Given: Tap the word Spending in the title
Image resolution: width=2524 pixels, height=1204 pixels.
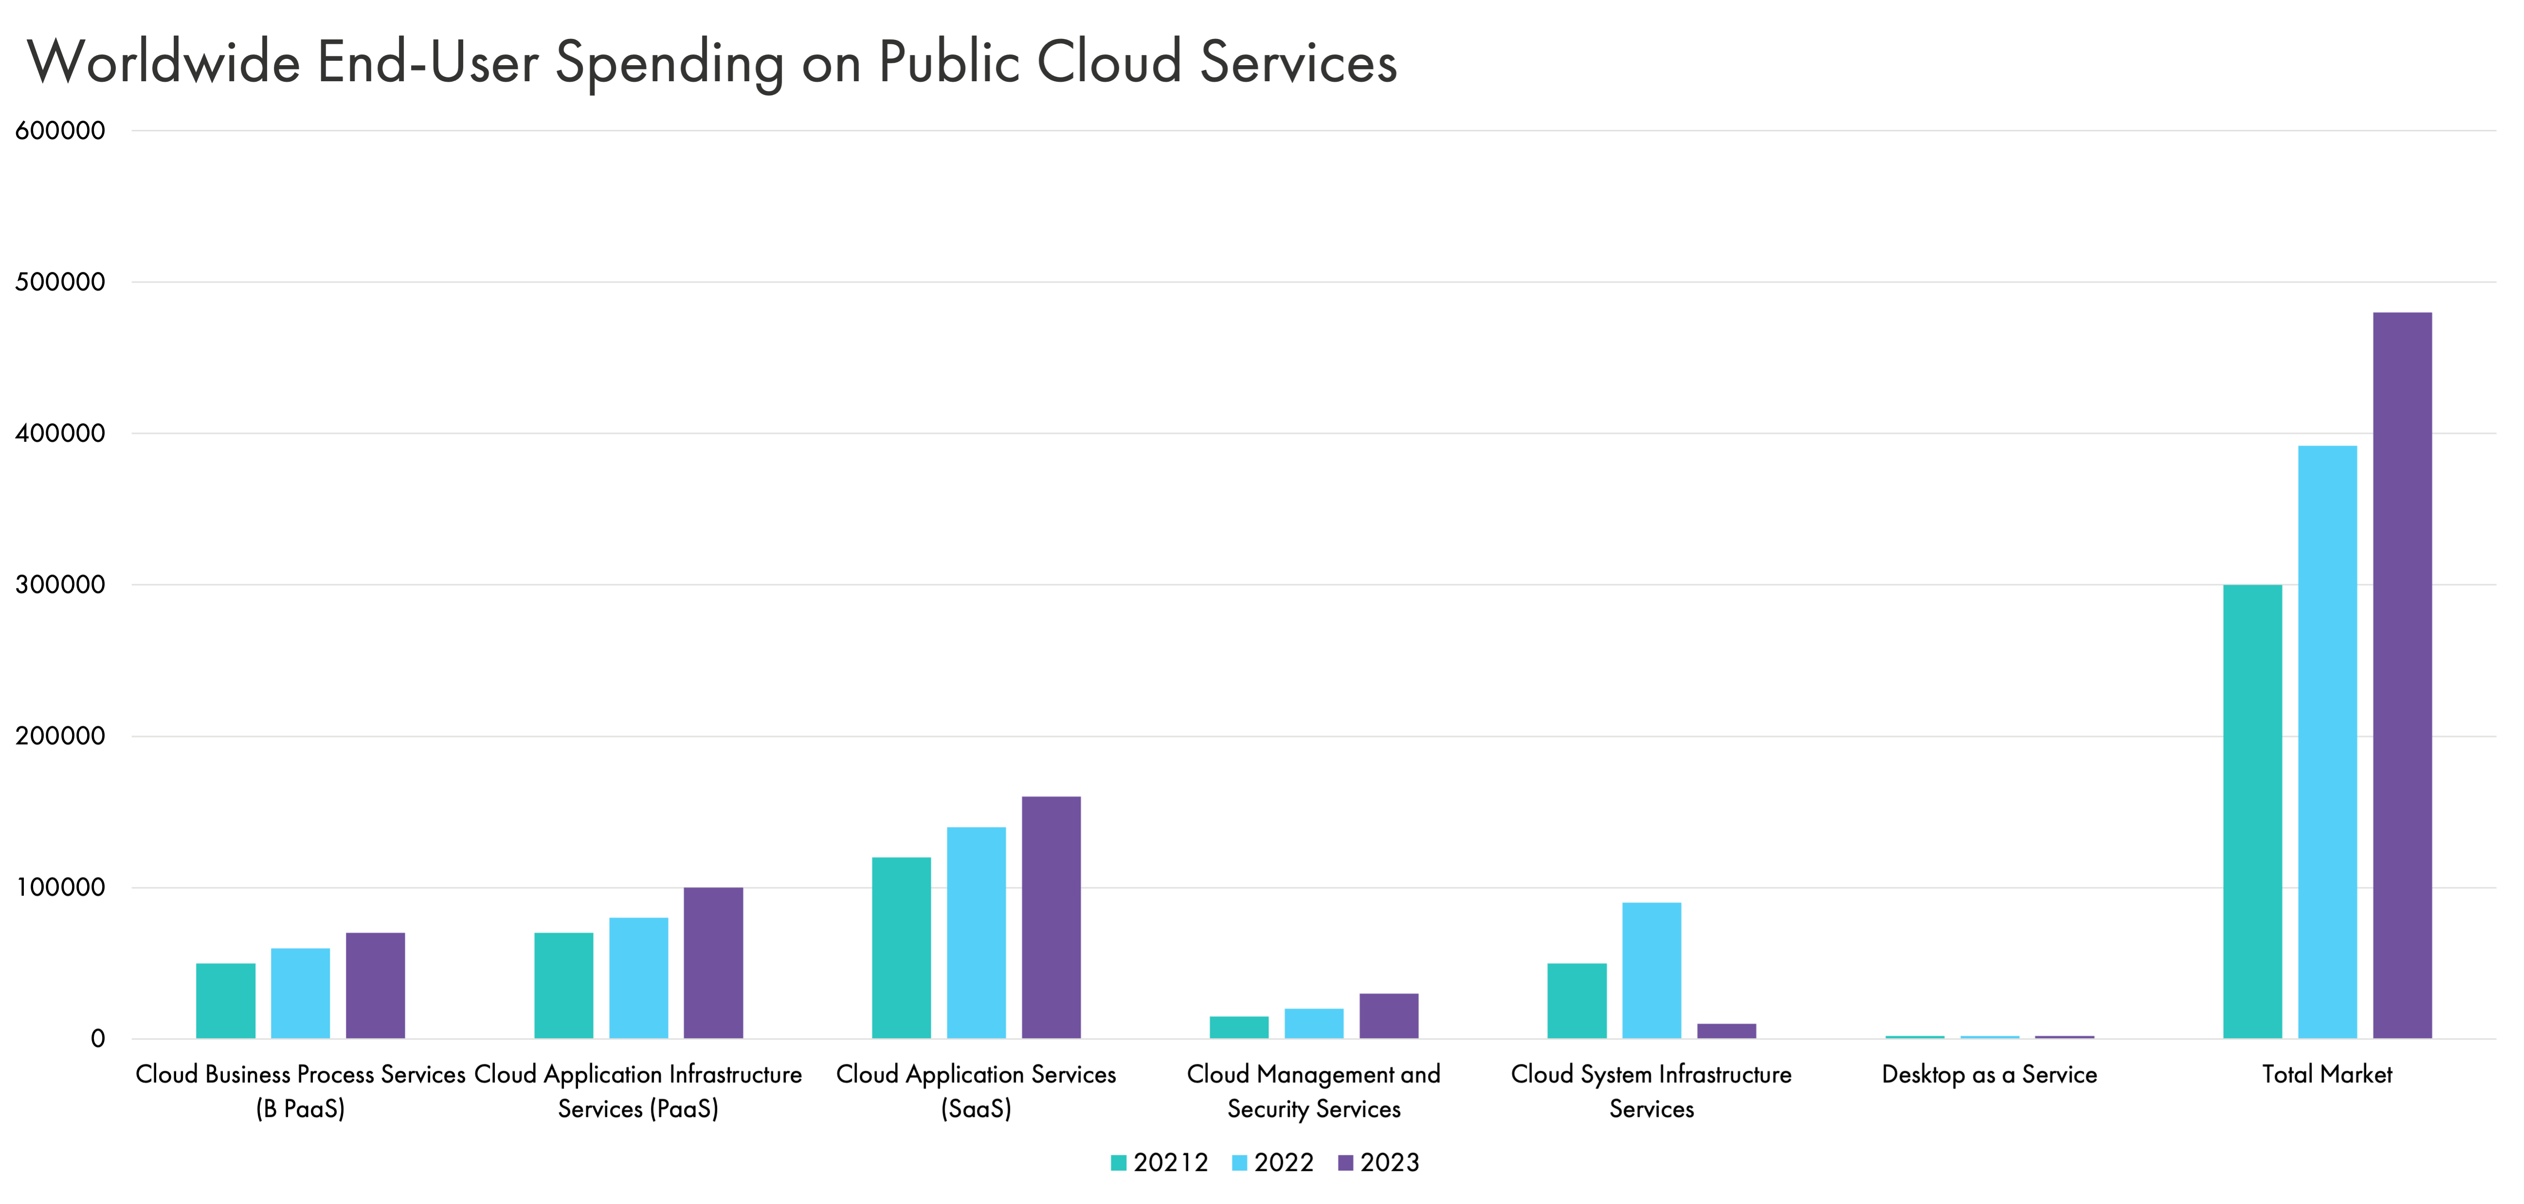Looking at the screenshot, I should pos(669,64).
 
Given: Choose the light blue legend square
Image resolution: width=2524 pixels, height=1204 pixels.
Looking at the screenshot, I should pos(1240,1163).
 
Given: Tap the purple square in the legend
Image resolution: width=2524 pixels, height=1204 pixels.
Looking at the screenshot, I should pos(1346,1163).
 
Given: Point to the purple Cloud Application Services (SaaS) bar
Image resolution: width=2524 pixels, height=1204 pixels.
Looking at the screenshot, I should pos(1051,917).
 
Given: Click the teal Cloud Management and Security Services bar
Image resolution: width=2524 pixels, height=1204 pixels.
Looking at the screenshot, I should pos(1239,1026).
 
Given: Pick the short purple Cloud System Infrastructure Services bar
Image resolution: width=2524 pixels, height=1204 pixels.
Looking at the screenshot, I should pos(1727,1031).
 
